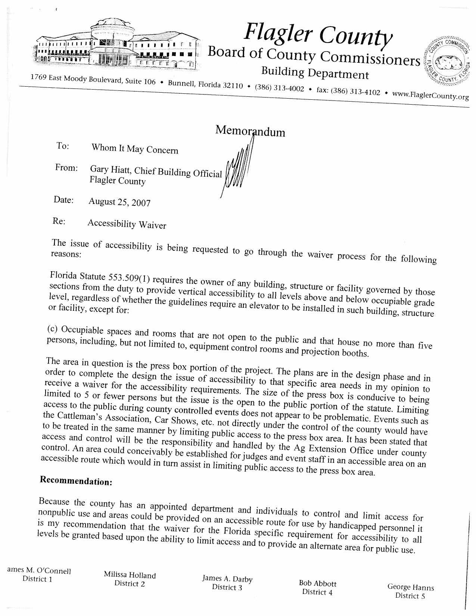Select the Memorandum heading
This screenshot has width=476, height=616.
coord(250,131)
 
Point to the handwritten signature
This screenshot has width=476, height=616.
coord(237,168)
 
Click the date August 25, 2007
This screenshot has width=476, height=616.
coord(119,202)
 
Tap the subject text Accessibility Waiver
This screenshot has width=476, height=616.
coord(127,224)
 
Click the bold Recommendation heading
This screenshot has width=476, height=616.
coord(76,480)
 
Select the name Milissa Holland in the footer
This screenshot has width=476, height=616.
coord(130,575)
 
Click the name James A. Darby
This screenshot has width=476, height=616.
coord(227,579)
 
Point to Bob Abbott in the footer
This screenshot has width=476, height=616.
coord(318,584)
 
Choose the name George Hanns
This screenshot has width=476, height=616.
coord(411,587)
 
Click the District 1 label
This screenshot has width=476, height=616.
coord(37,579)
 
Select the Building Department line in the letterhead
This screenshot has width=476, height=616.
coord(315,72)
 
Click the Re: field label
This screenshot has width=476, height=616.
coord(59,221)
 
